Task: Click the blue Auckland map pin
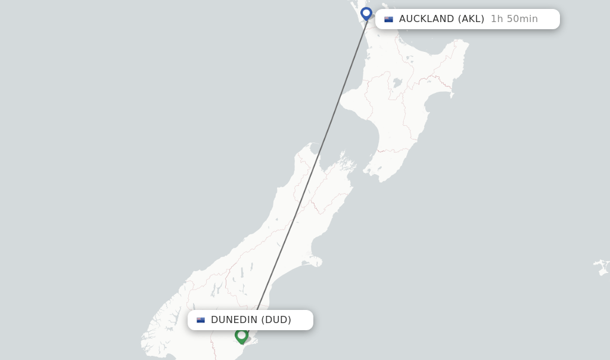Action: [366, 14]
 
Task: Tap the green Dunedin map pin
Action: [241, 336]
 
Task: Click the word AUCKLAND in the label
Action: [427, 19]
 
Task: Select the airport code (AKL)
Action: [471, 19]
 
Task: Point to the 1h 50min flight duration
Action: [514, 19]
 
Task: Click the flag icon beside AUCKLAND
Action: [388, 19]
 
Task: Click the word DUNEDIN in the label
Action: [234, 320]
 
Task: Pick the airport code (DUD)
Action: [276, 320]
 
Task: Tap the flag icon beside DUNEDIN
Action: [201, 320]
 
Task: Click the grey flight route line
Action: [310, 173]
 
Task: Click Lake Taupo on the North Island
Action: [397, 83]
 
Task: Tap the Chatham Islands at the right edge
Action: [602, 266]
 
